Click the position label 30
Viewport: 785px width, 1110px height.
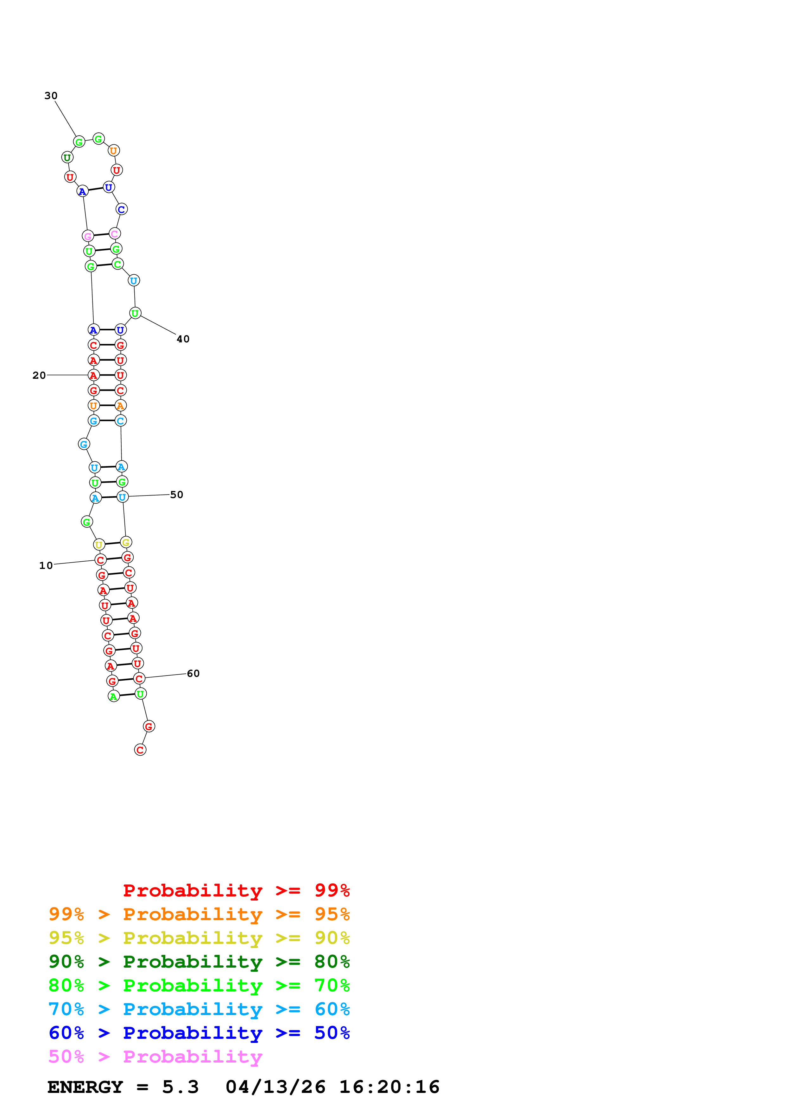pos(51,96)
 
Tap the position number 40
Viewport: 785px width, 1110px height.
pos(183,339)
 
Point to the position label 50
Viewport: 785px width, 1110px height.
pos(177,495)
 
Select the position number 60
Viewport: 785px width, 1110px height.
pos(193,673)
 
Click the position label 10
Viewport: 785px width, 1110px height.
pos(46,565)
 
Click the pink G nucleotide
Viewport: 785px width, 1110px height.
pos(87,236)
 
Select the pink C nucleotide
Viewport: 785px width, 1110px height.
pos(114,234)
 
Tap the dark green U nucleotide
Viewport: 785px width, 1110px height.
pos(67,158)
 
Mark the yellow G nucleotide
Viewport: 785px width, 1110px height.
pos(126,542)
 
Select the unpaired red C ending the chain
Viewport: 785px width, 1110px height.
pos(140,750)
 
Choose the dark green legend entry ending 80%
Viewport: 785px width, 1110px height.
pos(199,962)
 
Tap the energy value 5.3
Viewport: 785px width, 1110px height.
pos(180,1087)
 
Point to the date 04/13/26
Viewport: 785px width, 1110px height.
pos(275,1087)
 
